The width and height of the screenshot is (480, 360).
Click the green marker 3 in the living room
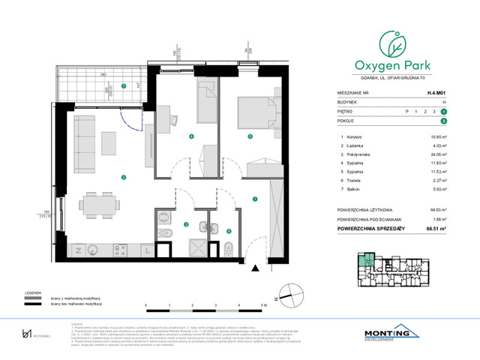pyautogui.click(x=123, y=176)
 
